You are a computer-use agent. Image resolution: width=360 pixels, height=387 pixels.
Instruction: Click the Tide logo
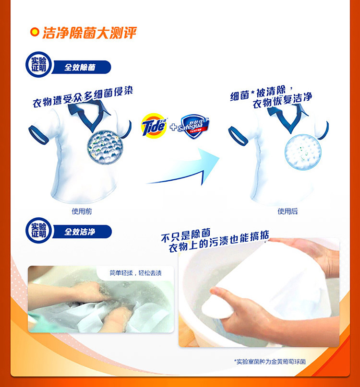coord(154,125)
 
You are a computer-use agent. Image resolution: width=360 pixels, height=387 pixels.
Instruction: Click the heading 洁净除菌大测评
coord(89,33)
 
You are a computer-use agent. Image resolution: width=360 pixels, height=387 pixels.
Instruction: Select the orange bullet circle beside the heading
coord(35,32)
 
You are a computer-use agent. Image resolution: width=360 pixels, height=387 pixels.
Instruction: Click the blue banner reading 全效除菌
coord(81,67)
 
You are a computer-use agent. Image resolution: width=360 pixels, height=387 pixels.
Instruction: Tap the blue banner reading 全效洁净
coord(82,232)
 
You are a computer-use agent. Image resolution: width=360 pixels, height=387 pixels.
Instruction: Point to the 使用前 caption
coord(82,211)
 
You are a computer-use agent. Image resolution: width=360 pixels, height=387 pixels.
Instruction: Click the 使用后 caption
coord(288,211)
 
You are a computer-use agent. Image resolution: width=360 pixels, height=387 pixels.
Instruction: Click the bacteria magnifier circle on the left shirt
coord(105,147)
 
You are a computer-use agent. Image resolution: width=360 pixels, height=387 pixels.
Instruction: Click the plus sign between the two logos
coord(174,127)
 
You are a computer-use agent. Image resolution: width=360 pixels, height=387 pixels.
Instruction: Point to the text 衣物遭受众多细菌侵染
coord(83,97)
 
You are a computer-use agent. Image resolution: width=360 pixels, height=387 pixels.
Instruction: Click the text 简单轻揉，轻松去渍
coord(136,273)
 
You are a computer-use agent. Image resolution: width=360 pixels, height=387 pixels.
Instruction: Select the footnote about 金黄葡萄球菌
coord(270,362)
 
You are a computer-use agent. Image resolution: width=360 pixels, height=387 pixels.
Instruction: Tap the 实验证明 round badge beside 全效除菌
coord(38,64)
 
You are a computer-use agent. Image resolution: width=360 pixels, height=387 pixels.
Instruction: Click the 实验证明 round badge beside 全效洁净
coord(38,230)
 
